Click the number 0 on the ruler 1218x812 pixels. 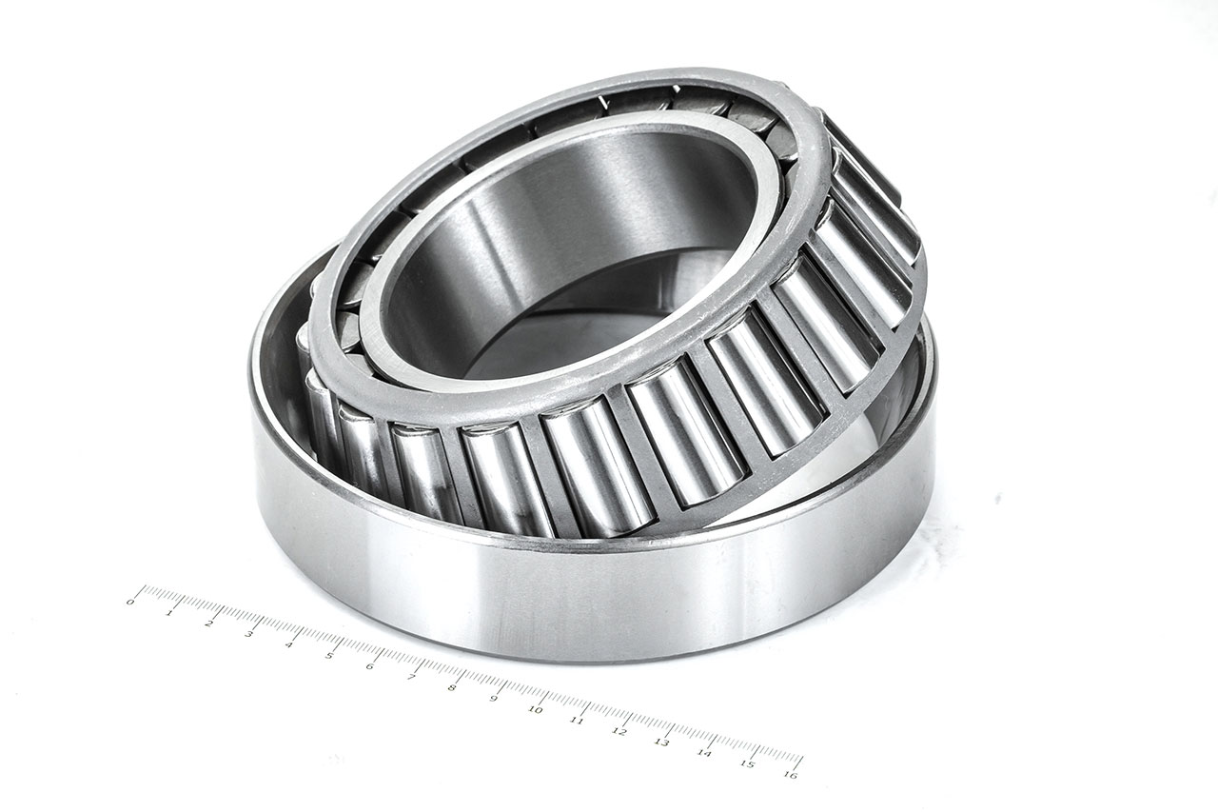pos(130,602)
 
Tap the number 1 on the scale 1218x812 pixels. pos(169,612)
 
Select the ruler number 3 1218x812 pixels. pos(249,633)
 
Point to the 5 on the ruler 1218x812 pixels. pos(329,655)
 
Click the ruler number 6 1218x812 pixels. pos(369,665)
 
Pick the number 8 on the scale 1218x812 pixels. pos(451,687)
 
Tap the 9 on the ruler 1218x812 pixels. pos(493,699)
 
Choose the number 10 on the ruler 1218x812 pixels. pos(535,709)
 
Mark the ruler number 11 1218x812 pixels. pos(577,721)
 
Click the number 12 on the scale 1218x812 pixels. pos(619,731)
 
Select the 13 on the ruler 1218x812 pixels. pos(661,742)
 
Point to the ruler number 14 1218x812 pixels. pos(704,753)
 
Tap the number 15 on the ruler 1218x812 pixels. pos(748,763)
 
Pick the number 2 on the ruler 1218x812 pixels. pos(209,623)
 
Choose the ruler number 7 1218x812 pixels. pos(410,677)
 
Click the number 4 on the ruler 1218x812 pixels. pos(289,644)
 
